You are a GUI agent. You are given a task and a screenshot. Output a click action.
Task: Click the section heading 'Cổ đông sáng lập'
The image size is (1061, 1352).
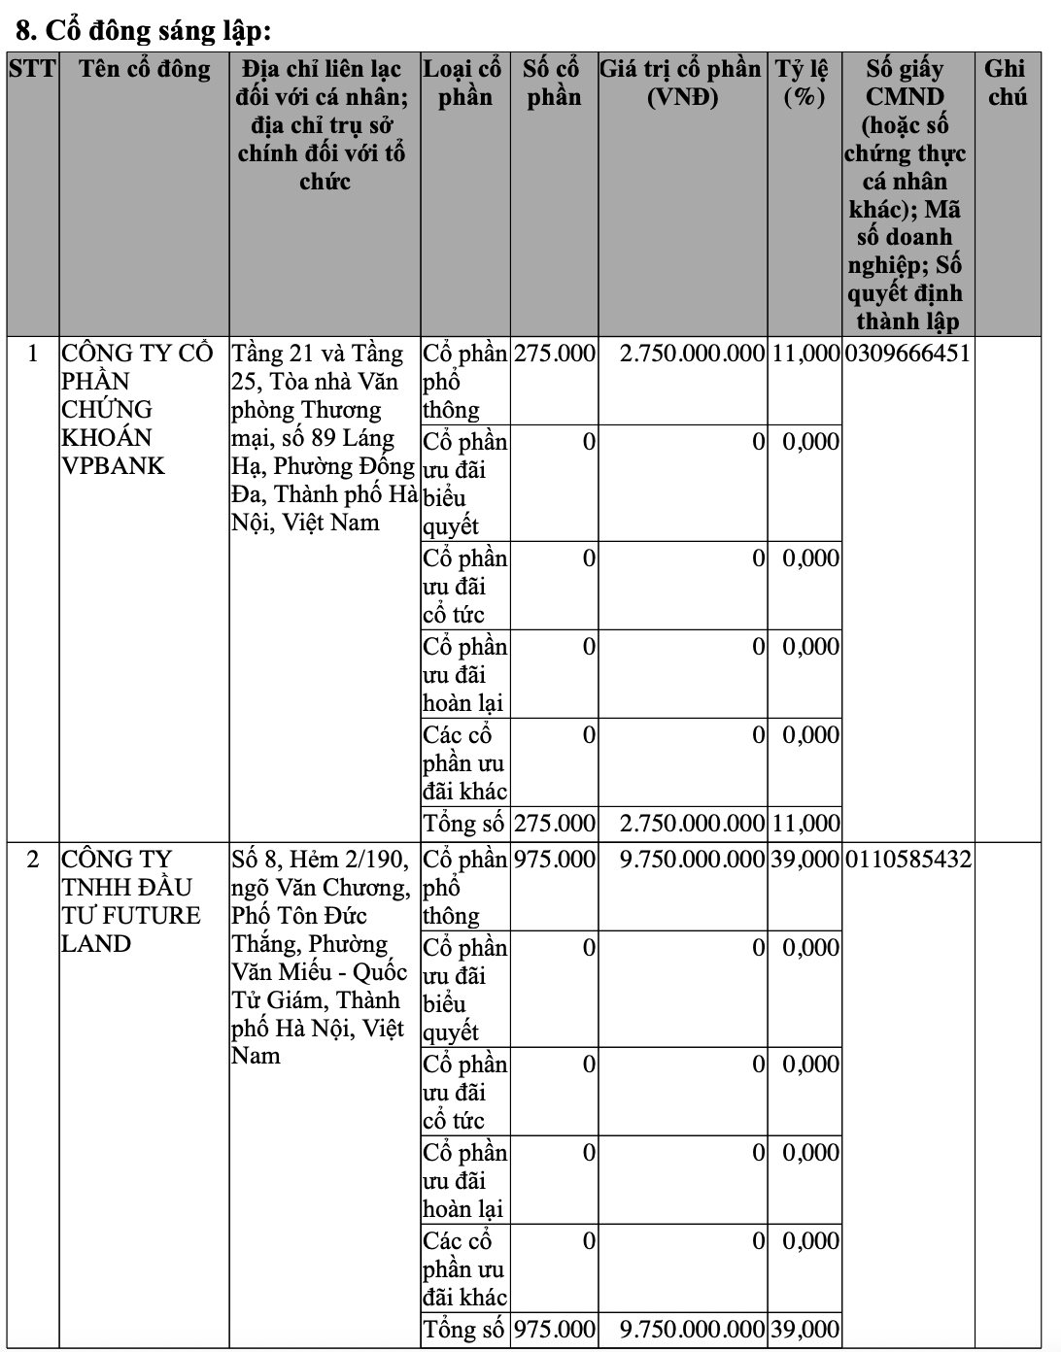[144, 31]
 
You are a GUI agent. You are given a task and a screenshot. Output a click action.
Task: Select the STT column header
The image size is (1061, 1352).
[32, 69]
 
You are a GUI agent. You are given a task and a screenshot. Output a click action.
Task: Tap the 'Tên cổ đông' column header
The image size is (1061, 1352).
[144, 69]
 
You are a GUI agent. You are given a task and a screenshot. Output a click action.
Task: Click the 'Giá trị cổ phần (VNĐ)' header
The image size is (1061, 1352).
[681, 83]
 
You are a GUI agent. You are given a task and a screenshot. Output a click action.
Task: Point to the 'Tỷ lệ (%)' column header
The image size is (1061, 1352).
[803, 83]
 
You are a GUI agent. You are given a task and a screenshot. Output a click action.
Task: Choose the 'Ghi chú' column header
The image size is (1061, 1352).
[1006, 83]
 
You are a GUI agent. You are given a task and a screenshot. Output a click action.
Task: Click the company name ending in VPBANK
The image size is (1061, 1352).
[136, 409]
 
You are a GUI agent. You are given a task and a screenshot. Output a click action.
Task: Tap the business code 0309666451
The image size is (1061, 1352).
[907, 353]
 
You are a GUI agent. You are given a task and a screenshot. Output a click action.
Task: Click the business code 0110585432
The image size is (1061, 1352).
[907, 859]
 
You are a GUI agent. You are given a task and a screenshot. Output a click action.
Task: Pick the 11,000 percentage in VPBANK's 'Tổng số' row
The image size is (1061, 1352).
[805, 824]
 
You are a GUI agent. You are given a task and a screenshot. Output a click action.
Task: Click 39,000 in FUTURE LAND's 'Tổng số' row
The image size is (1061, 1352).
[805, 1330]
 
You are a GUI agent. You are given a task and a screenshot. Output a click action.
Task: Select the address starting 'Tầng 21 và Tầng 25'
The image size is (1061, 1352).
[325, 437]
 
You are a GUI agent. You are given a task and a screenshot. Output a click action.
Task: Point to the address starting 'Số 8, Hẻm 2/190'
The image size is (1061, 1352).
[321, 957]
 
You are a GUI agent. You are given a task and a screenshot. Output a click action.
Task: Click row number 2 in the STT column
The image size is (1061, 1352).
[33, 859]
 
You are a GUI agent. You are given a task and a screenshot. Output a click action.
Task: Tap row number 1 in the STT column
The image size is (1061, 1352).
[33, 353]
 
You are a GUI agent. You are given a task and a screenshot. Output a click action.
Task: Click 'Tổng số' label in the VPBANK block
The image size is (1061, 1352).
[463, 824]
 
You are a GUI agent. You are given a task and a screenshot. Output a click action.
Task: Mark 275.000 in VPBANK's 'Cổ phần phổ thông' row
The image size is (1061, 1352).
[554, 353]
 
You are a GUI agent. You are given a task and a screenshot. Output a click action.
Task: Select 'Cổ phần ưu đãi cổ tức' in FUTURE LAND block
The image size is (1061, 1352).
[464, 1092]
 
